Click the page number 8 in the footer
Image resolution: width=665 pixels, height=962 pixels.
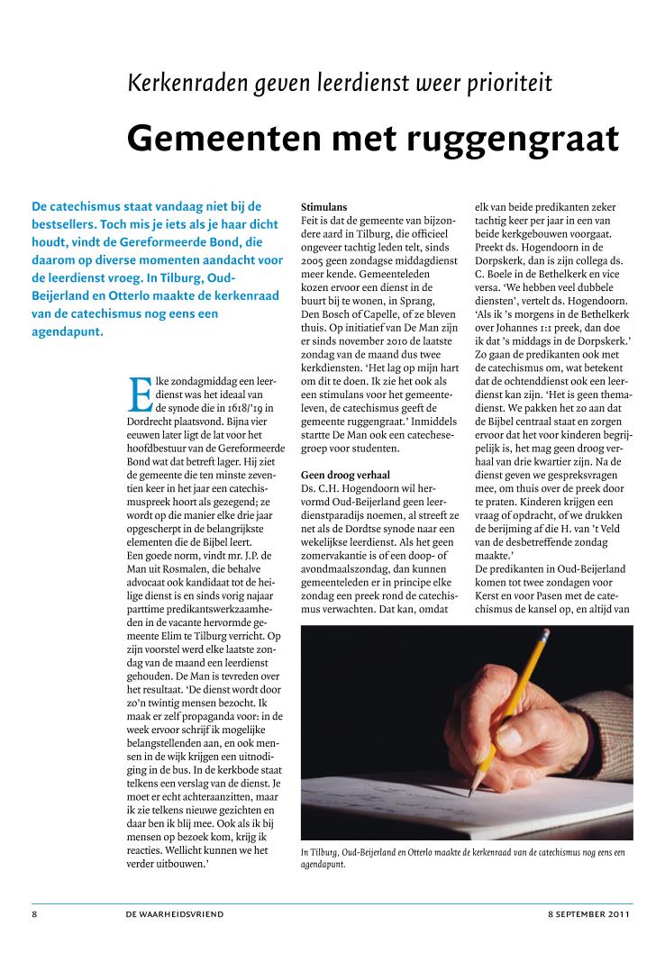pyautogui.click(x=34, y=913)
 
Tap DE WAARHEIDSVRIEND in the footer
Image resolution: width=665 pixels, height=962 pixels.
pyautogui.click(x=175, y=913)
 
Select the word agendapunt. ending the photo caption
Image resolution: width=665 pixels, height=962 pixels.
pyautogui.click(x=324, y=865)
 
